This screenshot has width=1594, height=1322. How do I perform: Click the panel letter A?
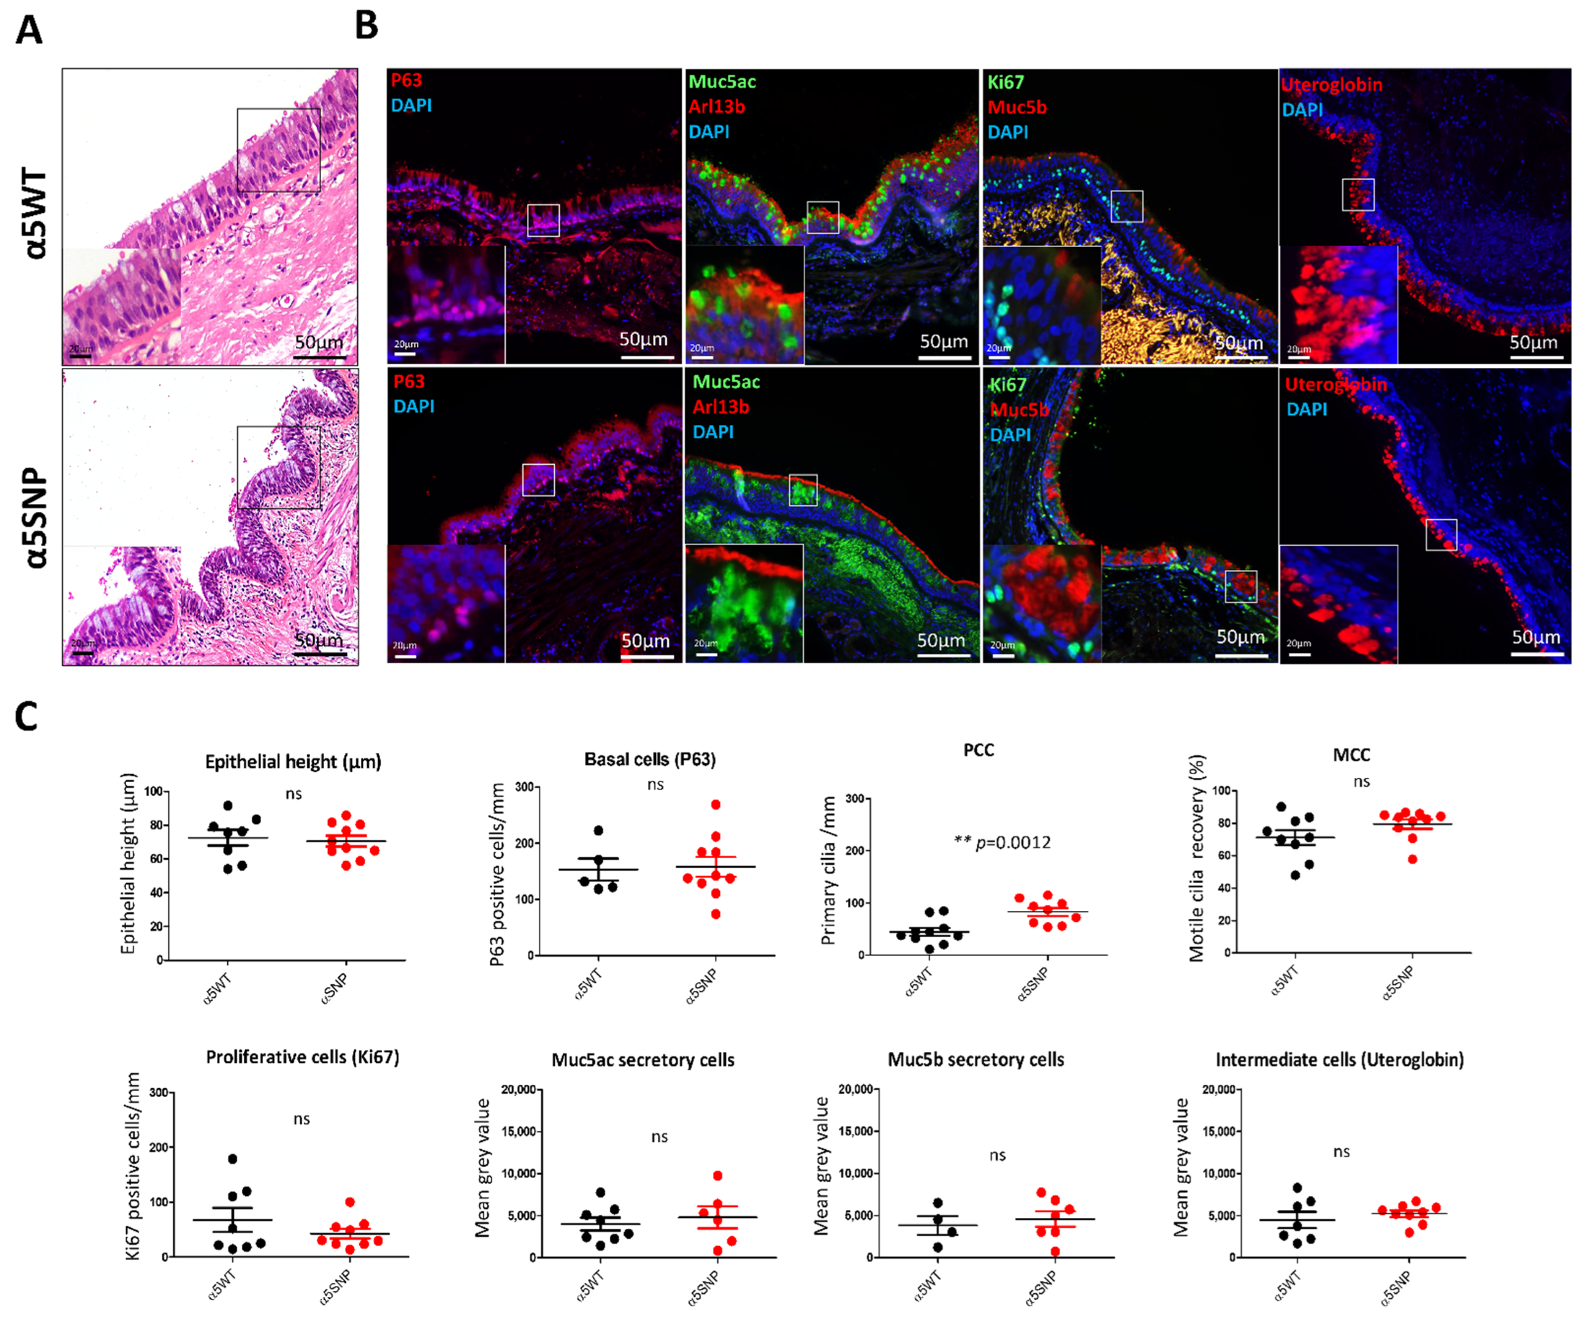[x=29, y=30]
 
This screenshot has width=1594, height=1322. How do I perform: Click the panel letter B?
[x=367, y=25]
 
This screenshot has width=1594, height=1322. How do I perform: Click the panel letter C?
[x=26, y=716]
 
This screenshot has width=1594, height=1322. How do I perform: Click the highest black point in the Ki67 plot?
[x=232, y=1159]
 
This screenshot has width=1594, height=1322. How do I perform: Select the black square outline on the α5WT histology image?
[x=279, y=149]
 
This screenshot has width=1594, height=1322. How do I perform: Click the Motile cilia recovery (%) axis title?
[x=1197, y=858]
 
